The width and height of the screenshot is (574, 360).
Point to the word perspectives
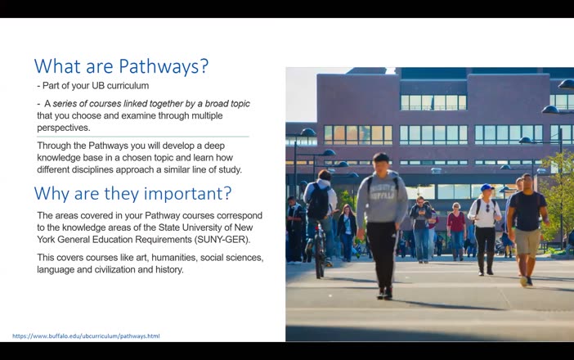[65, 128]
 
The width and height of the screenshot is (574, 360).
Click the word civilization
[114, 269]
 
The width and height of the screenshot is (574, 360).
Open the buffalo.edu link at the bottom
[86, 336]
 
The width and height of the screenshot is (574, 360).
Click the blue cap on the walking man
[487, 187]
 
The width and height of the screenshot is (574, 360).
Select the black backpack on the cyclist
[318, 201]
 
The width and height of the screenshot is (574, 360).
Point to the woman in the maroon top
[455, 223]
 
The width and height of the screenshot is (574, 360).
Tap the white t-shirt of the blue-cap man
[486, 213]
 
